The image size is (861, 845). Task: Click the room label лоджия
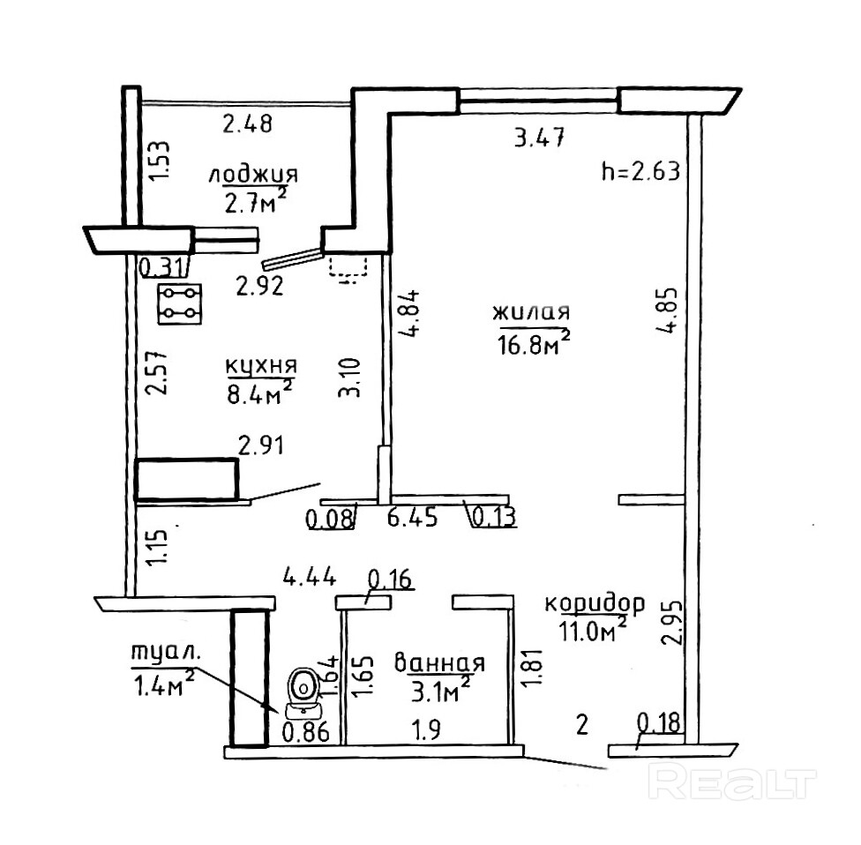click(x=254, y=174)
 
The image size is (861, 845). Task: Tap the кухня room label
click(x=260, y=366)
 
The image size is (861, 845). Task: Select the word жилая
click(x=531, y=312)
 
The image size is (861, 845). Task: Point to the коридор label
click(x=594, y=604)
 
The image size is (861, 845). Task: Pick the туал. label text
click(x=166, y=654)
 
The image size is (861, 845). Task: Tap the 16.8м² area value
click(x=533, y=341)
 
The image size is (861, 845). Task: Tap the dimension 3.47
click(x=538, y=138)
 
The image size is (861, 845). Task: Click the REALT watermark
click(x=730, y=781)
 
